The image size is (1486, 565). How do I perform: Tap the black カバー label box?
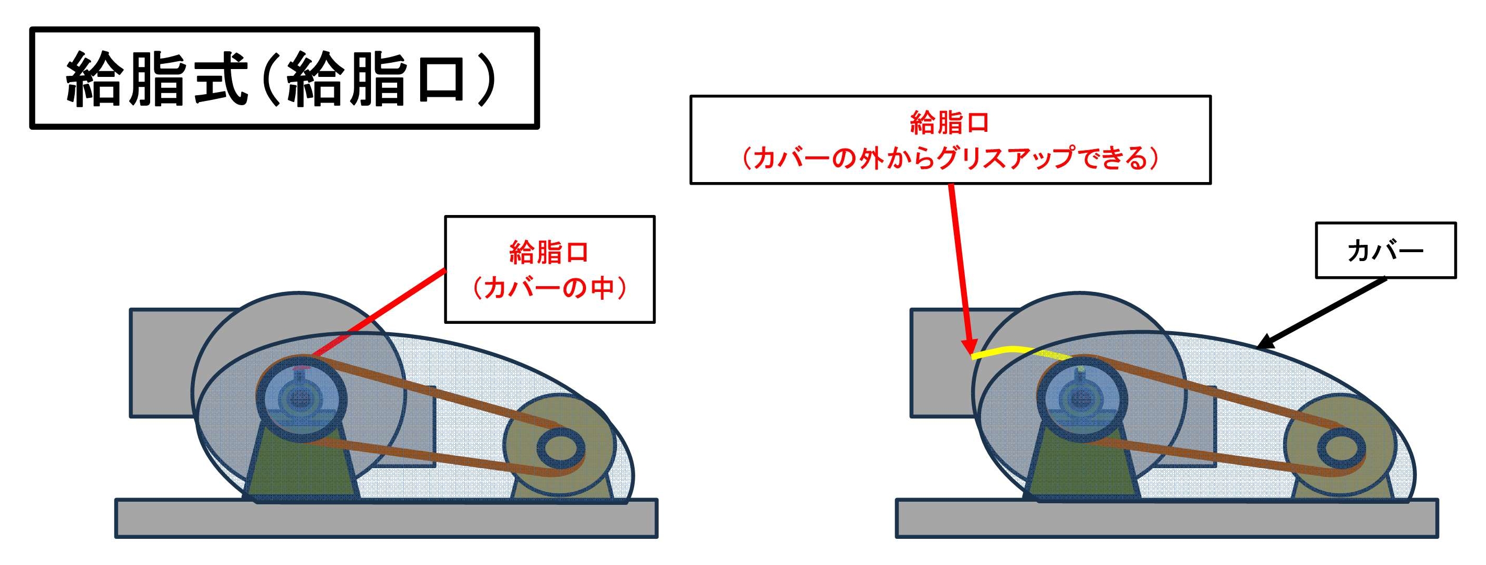click(1385, 251)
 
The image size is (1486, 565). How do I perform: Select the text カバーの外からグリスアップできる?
click(950, 159)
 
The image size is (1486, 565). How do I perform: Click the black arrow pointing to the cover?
click(1321, 315)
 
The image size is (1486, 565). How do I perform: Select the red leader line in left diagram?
click(381, 311)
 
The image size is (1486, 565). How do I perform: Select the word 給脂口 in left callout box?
click(549, 253)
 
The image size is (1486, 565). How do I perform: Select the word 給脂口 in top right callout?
click(950, 123)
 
